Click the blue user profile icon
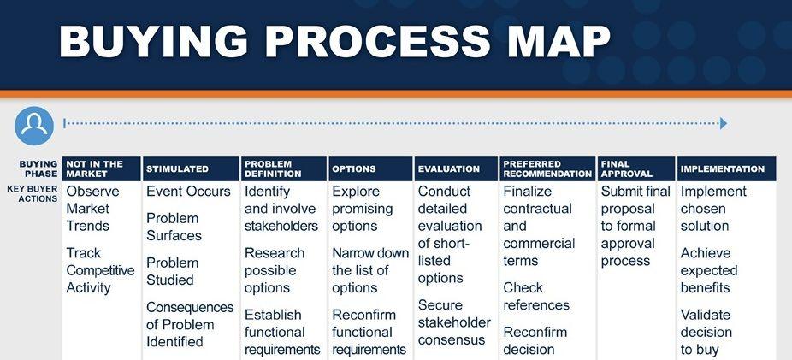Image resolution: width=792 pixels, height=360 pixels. tap(34, 126)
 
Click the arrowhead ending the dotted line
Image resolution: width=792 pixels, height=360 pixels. tap(724, 123)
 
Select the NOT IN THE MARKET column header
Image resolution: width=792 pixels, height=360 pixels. tap(101, 168)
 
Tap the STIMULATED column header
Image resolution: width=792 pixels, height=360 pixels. tap(191, 168)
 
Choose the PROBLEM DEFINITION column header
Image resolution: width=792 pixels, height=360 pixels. tap(284, 168)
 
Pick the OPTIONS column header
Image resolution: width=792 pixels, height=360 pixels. tap(370, 168)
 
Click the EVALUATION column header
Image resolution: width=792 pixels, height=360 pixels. tap(456, 168)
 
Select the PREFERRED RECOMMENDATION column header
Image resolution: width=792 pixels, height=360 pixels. tap(547, 168)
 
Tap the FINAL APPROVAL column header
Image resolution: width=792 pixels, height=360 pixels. tap(636, 168)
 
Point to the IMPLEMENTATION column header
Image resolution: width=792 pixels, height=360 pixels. tap(727, 168)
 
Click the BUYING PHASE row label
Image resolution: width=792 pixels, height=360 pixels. tap(38, 168)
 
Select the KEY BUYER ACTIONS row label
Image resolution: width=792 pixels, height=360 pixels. tap(33, 194)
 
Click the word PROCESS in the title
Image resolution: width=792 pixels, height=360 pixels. tap(377, 41)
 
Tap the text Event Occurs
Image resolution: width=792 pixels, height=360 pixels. tap(188, 192)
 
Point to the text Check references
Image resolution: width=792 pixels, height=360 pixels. tap(536, 297)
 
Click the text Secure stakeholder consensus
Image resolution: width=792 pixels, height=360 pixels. tap(454, 322)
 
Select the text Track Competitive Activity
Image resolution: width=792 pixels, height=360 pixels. tap(101, 270)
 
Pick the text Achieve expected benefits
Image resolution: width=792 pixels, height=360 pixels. tap(709, 270)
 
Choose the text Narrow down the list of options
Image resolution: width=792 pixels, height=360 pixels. tap(370, 270)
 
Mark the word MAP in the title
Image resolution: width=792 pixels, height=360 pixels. tap(559, 41)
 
